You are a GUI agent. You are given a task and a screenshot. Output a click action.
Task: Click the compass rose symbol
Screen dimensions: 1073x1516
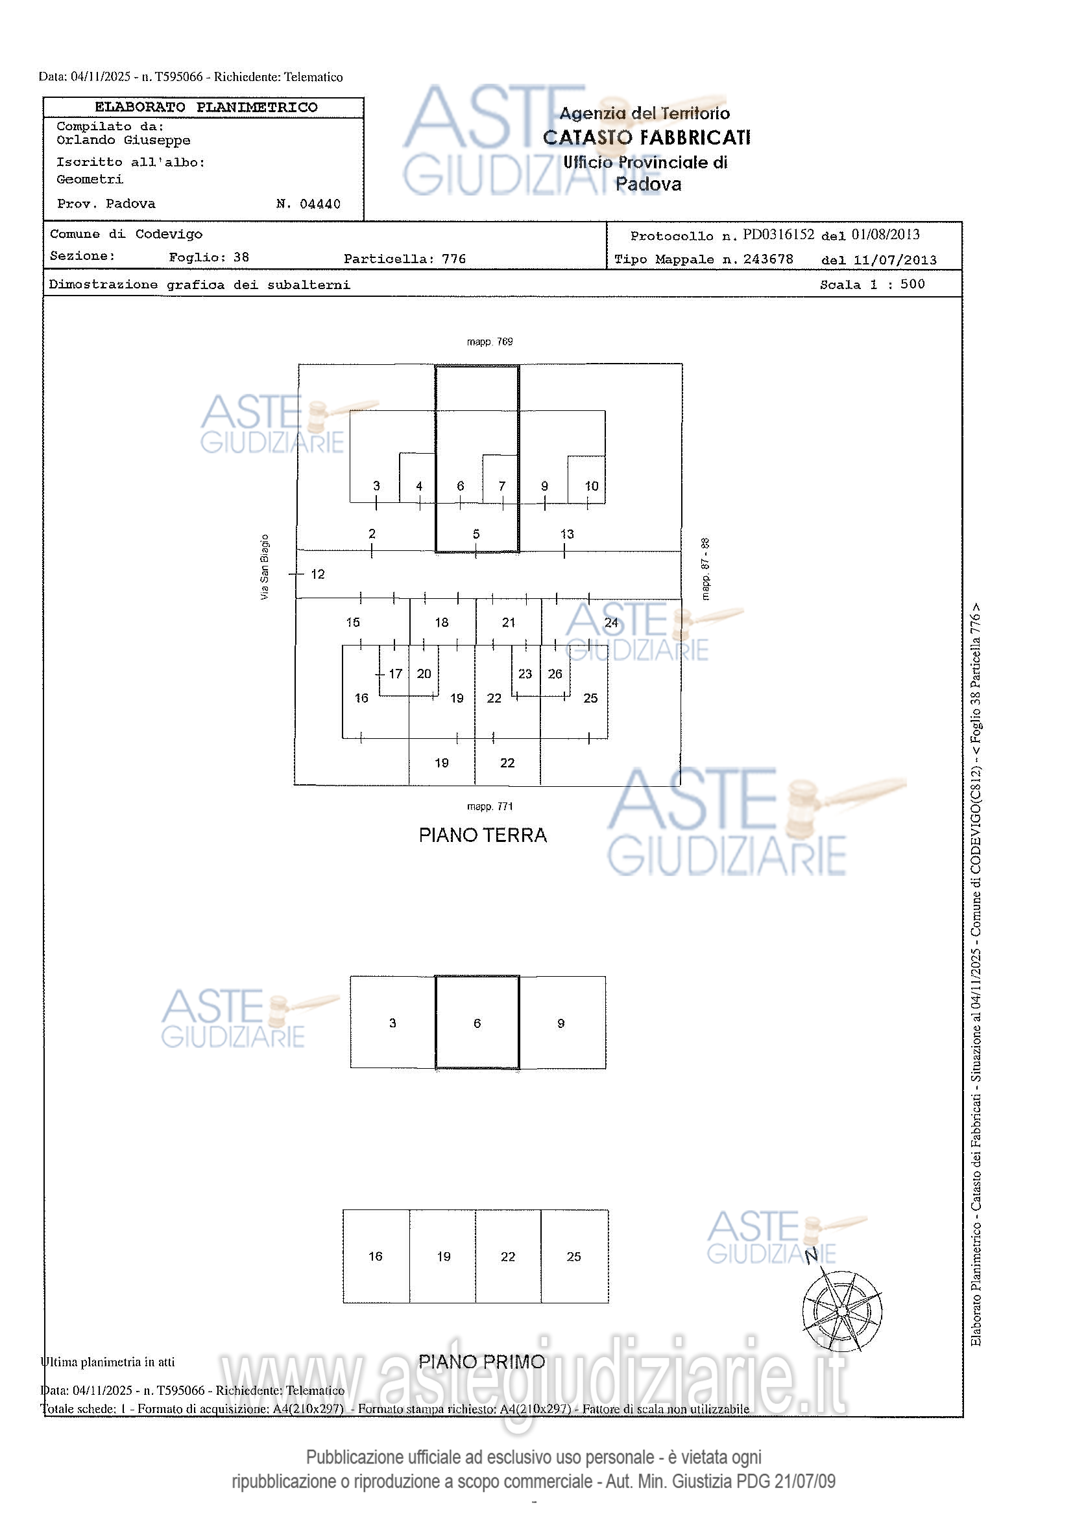tap(842, 1310)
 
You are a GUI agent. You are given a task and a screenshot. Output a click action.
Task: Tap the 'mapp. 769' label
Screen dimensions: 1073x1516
tap(490, 342)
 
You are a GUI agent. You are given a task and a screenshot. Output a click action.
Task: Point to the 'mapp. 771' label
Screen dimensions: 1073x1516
tap(490, 806)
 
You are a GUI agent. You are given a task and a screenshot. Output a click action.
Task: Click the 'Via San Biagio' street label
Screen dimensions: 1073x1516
tap(265, 567)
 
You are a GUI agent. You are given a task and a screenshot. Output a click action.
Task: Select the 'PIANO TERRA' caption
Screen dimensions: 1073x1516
tap(483, 835)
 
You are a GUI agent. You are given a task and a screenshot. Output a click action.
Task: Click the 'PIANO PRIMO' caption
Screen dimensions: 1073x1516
tap(481, 1361)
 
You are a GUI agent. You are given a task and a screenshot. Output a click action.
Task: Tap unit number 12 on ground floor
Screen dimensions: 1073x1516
tap(318, 574)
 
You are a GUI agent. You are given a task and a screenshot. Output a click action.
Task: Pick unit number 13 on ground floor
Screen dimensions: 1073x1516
tap(567, 533)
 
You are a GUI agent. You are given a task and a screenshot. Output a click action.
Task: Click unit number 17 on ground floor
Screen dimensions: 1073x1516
tap(395, 673)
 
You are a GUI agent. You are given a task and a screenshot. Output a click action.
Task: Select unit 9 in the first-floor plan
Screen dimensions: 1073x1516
tap(561, 1023)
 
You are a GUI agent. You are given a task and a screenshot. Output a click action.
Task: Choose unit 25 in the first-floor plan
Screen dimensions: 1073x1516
tap(573, 1257)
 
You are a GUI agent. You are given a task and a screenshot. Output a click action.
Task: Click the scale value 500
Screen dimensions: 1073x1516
tap(913, 284)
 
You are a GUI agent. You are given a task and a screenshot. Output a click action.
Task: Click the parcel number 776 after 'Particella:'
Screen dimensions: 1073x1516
tap(454, 259)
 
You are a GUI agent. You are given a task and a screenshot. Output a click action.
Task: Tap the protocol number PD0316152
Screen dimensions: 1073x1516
tap(778, 235)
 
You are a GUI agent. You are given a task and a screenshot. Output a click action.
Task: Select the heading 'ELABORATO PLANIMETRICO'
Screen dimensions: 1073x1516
tap(206, 107)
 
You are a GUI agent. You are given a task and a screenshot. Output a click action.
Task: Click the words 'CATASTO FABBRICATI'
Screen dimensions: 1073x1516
tap(647, 137)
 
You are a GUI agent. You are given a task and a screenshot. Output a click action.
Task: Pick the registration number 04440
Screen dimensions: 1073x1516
tap(320, 204)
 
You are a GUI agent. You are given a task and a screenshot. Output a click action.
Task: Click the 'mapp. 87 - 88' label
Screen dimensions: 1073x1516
tap(706, 568)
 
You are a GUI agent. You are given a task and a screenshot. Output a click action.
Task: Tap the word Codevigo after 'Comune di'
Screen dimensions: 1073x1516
tap(169, 234)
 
